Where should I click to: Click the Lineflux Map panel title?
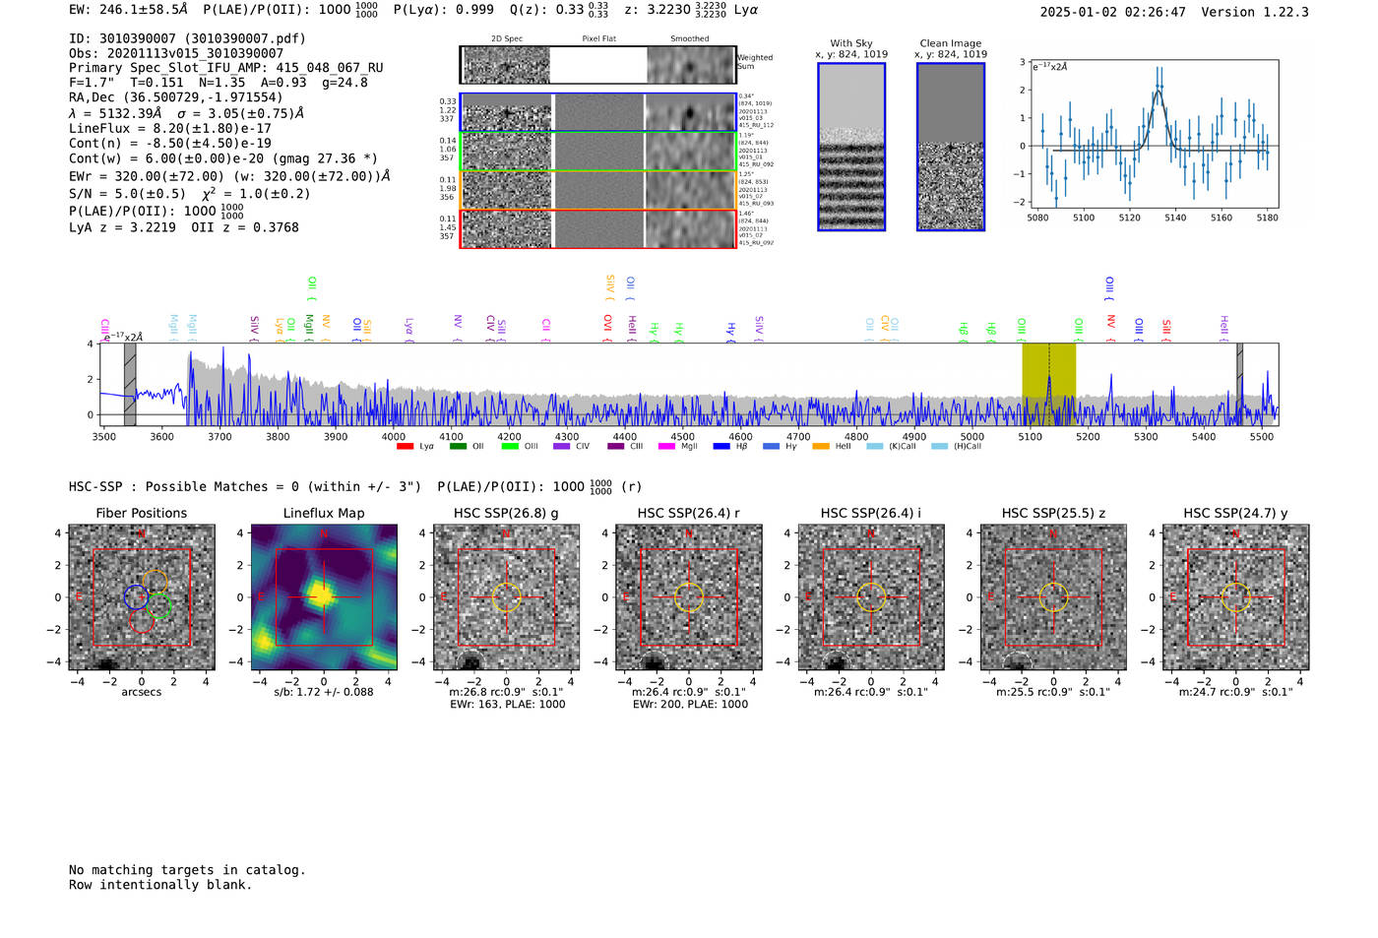[x=324, y=513]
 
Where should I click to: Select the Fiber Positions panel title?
[x=141, y=513]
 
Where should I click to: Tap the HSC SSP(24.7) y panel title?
[x=1235, y=513]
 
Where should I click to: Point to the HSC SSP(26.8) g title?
[x=506, y=513]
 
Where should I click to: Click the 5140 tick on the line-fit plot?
[x=1175, y=218]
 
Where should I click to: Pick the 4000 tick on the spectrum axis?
[x=394, y=436]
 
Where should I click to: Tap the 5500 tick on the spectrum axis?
[x=1262, y=436]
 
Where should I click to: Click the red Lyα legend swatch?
[x=405, y=447]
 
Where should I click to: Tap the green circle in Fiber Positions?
[x=158, y=606]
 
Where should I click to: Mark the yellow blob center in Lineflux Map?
[x=322, y=594]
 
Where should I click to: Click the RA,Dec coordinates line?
[x=175, y=97]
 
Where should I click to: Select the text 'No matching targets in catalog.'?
[x=187, y=870]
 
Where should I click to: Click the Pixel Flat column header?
[x=598, y=39]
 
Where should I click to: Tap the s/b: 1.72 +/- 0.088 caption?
[x=324, y=692]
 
